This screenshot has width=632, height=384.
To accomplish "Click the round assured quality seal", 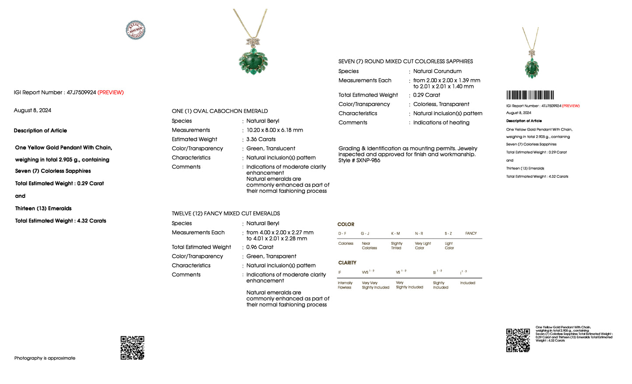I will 136,30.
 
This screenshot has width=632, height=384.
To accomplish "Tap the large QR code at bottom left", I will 133,348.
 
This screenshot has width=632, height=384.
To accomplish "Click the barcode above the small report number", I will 530,95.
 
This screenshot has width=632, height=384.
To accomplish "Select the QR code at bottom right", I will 518,340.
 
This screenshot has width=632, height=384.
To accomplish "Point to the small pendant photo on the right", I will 532,55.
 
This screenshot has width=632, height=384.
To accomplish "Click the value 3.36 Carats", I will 261,139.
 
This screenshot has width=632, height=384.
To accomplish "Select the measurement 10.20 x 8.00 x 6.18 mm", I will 275,130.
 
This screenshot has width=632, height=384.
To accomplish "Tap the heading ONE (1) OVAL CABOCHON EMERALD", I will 220,111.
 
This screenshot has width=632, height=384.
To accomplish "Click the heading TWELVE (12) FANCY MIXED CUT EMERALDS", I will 226,214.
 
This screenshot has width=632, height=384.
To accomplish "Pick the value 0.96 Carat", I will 260,247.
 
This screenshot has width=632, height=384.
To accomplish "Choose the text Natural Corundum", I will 437,71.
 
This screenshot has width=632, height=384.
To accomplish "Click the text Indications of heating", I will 441,123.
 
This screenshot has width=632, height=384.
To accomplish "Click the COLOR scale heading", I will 346,224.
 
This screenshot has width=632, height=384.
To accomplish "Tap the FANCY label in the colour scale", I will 471,233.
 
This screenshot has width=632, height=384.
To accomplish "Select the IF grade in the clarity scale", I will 340,272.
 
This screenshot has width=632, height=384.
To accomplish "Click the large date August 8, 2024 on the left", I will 32,110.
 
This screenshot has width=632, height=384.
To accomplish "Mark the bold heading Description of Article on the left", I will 40,130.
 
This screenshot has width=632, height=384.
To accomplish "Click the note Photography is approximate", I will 45,358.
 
